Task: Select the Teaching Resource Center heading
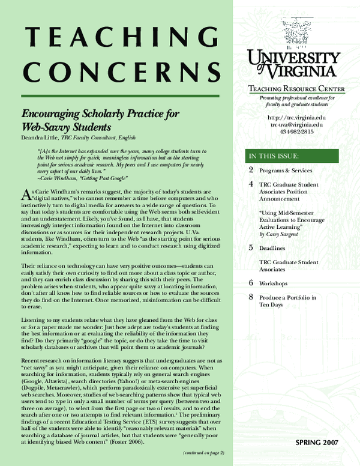point(296,89)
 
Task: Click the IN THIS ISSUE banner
point(274,157)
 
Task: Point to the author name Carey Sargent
point(286,234)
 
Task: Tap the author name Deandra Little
point(41,137)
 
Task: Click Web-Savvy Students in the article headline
point(67,127)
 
